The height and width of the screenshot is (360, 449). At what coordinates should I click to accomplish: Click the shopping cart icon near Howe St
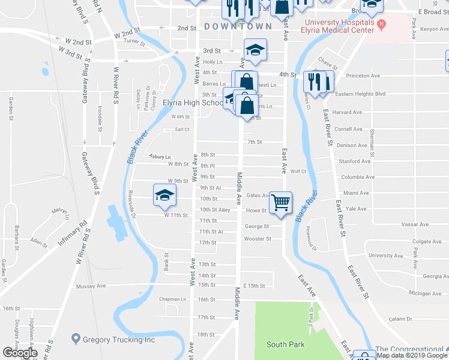point(280,202)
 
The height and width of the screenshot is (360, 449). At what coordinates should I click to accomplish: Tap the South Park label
point(285,344)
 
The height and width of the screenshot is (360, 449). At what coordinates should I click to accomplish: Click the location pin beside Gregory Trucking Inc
point(76,339)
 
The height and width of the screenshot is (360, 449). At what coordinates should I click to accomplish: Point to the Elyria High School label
point(193,103)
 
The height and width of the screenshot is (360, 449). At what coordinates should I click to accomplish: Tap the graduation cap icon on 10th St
point(164,194)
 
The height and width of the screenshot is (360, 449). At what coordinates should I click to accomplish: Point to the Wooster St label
point(258,239)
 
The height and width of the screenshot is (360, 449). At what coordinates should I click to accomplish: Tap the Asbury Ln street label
point(160,157)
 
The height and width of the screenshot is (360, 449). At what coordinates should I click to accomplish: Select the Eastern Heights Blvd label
point(360,94)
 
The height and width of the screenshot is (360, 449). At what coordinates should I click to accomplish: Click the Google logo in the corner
point(20,353)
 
